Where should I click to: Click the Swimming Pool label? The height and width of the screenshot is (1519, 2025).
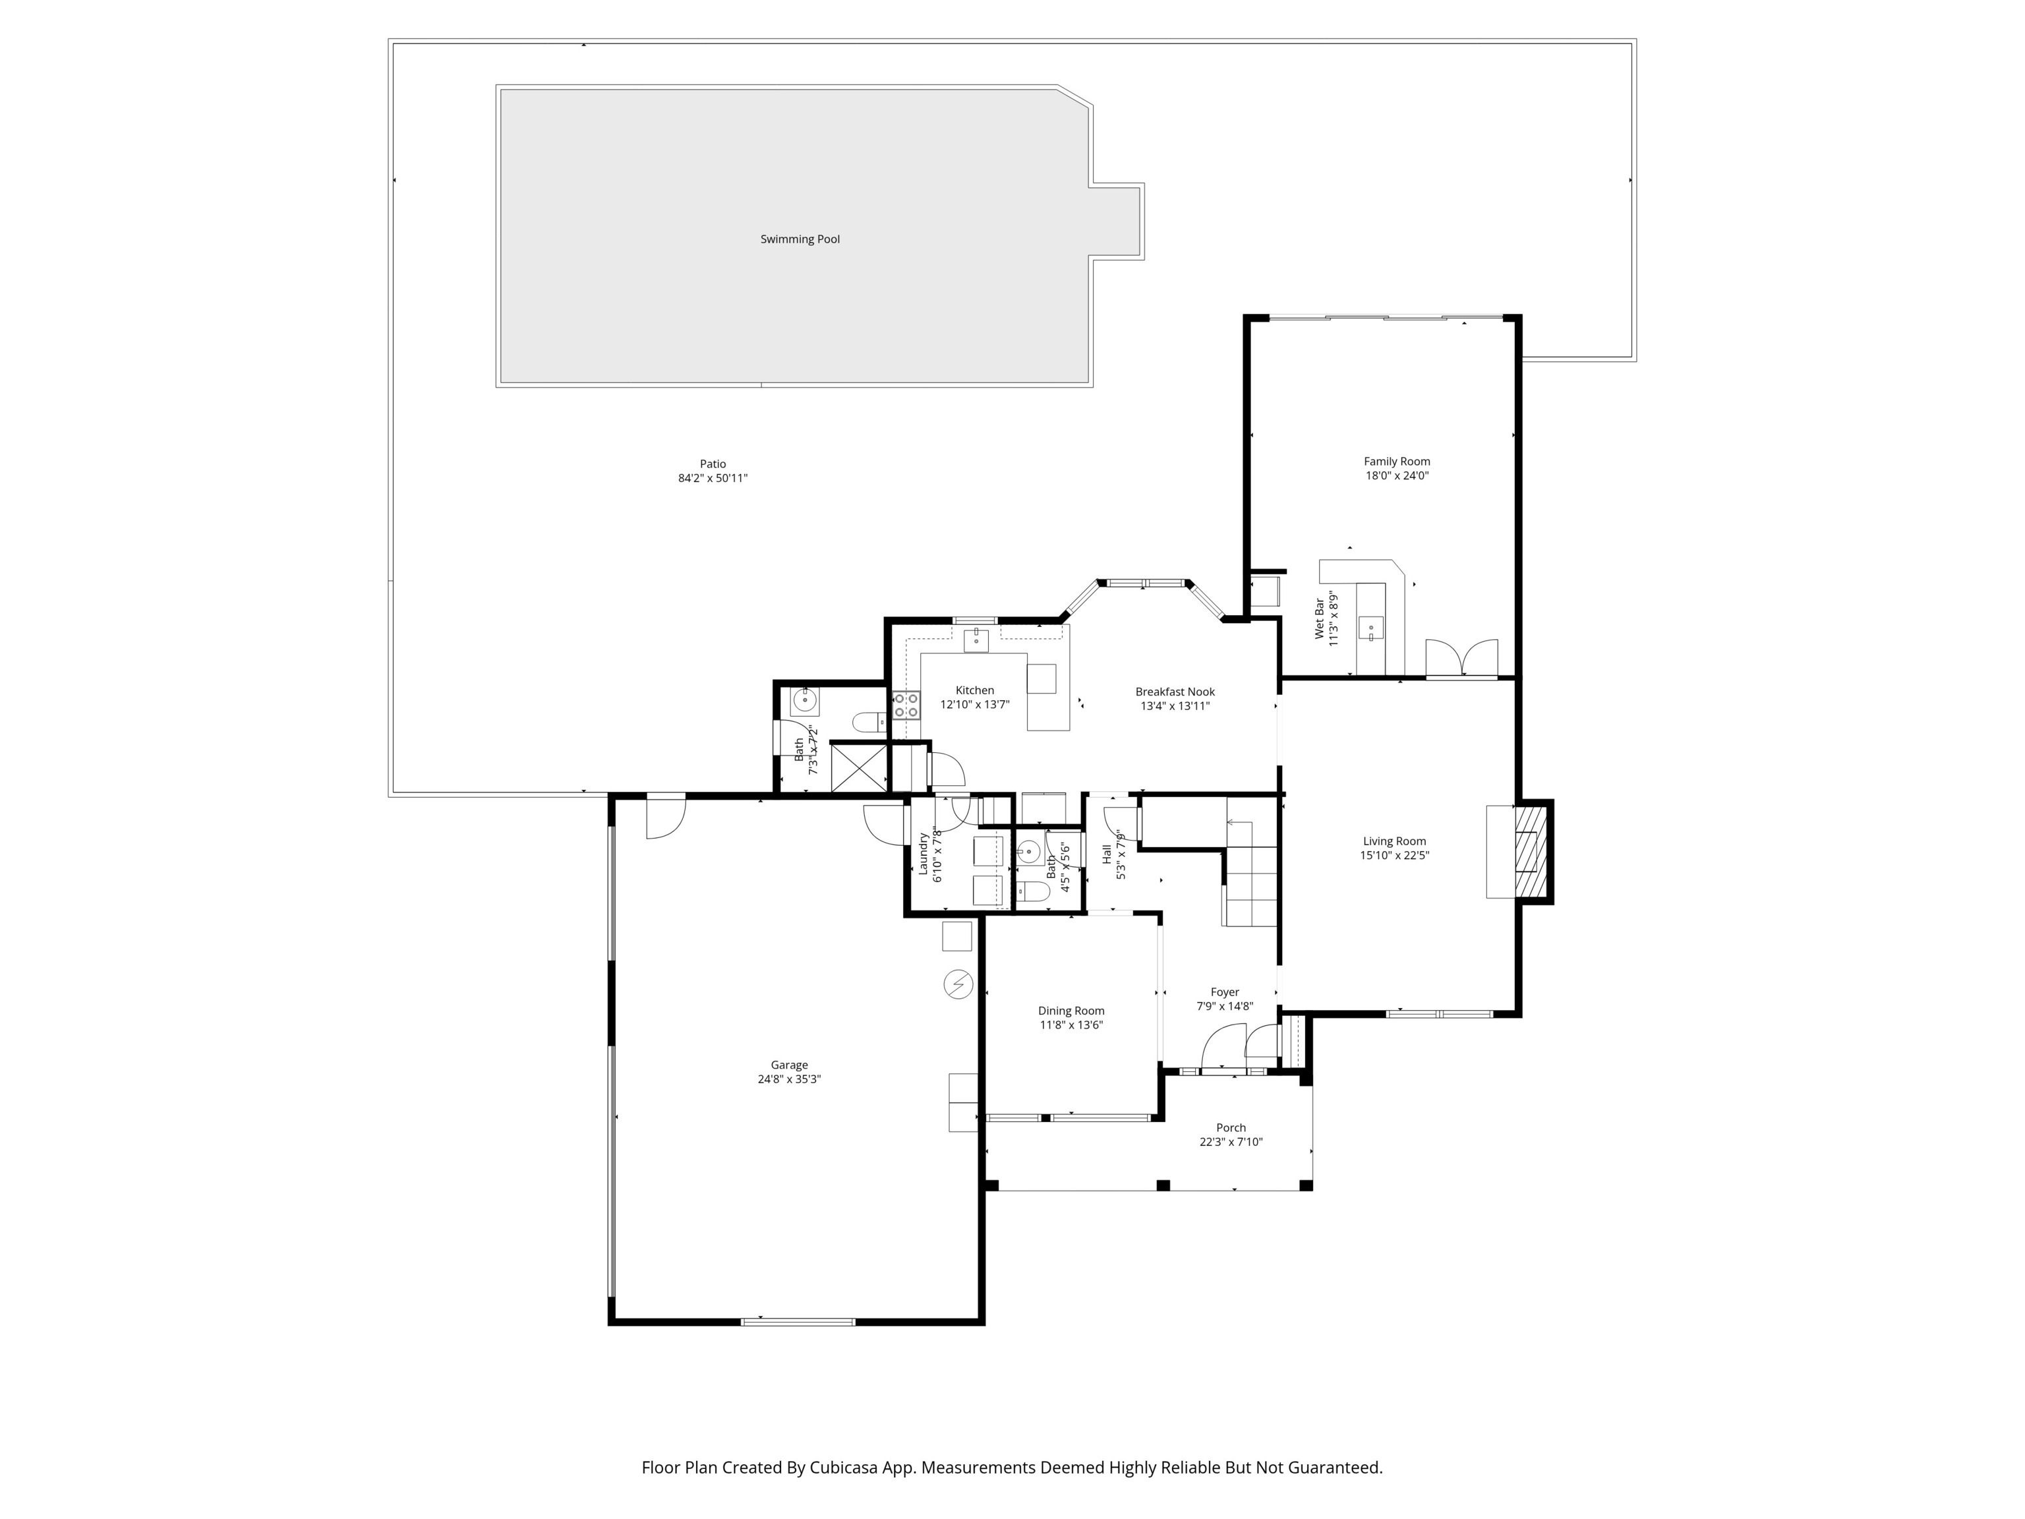click(x=800, y=239)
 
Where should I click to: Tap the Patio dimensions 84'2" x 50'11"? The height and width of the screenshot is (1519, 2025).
click(x=713, y=478)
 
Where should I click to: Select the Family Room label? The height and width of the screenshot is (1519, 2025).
click(x=1397, y=462)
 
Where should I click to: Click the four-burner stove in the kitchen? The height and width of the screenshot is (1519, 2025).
click(x=906, y=705)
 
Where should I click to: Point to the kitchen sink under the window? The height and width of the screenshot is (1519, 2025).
click(x=977, y=638)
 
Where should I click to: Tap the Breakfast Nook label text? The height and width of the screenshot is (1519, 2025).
click(x=1175, y=692)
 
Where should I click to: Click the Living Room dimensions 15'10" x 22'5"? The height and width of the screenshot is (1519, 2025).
click(x=1394, y=855)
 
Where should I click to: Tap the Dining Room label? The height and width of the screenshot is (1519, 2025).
click(x=1071, y=1011)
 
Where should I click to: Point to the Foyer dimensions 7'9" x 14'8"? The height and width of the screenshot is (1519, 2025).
click(x=1225, y=1006)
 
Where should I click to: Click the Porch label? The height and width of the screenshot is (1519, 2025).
click(x=1231, y=1128)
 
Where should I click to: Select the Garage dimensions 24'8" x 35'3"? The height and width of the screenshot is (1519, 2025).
click(x=789, y=1079)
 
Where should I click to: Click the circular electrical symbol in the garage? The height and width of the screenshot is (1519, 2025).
click(x=958, y=984)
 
